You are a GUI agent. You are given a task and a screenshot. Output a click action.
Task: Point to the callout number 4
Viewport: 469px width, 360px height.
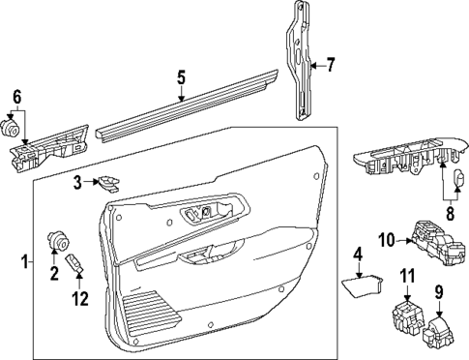tap(357, 255)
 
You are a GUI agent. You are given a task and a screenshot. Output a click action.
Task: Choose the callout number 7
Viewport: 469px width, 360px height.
tap(330, 66)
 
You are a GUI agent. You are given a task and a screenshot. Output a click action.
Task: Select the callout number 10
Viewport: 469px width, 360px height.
tap(385, 239)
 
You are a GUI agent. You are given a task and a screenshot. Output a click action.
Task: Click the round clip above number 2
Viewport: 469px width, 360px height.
tap(57, 239)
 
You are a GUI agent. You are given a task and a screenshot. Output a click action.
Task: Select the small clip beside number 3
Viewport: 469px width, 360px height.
tap(109, 182)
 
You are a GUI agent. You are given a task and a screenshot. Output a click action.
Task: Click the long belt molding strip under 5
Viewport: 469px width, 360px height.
tap(184, 109)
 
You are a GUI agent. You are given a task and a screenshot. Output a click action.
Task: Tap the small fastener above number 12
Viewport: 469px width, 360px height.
tap(75, 260)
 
